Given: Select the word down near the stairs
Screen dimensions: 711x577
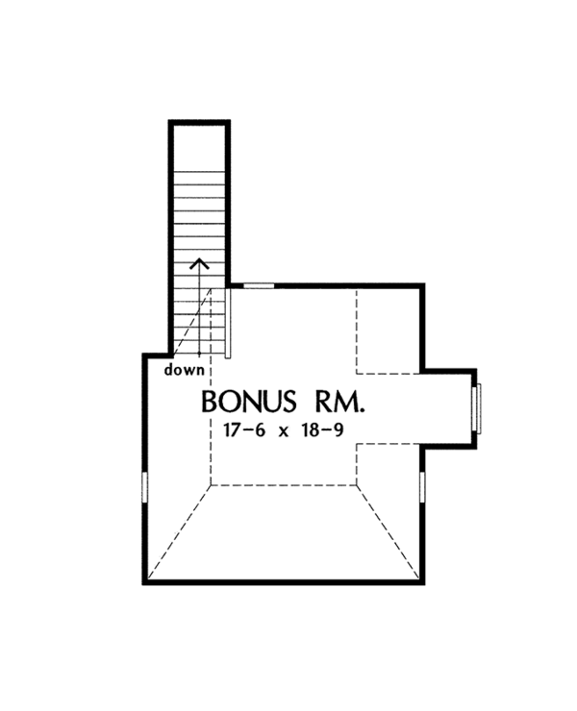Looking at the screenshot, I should point(184,369).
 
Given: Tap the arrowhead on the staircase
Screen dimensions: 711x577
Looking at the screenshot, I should point(200,263).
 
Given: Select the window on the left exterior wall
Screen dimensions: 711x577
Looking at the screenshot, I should point(144,486).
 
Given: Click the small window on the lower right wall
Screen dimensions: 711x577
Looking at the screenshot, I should point(422,486).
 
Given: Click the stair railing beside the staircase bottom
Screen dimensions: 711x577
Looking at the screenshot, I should point(228,322).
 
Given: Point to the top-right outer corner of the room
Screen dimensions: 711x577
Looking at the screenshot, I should point(422,285).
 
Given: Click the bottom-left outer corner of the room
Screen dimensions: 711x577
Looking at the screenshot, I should point(145,581).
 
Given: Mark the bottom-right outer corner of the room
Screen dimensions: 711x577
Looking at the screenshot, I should point(421,581).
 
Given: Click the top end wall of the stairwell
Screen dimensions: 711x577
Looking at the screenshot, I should point(200,122).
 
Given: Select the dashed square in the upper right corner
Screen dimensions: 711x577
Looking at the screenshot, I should point(389,329).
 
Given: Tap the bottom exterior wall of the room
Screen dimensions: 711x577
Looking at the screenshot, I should point(283,581).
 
